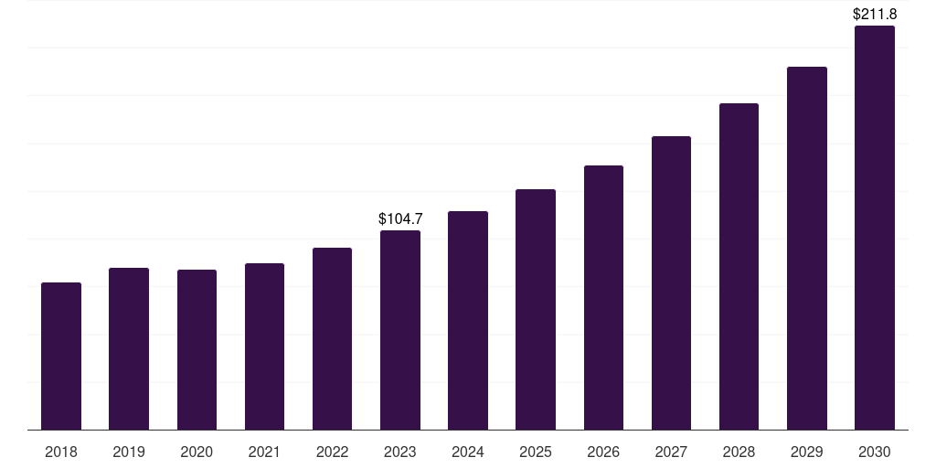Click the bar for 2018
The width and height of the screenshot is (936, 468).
(61, 356)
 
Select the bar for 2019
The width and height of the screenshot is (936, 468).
(129, 349)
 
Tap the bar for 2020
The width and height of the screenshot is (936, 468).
(197, 350)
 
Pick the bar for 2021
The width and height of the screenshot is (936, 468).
(264, 346)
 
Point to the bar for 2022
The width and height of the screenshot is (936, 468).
(332, 339)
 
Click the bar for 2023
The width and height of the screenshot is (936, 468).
(400, 330)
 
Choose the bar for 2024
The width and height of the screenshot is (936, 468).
(468, 321)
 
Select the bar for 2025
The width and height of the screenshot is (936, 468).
(536, 310)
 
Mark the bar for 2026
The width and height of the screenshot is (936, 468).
(603, 298)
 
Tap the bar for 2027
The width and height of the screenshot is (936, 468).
(671, 283)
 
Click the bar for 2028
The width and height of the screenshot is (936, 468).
(739, 267)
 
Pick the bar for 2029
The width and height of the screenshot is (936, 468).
(807, 249)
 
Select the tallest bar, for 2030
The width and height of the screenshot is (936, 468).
(875, 228)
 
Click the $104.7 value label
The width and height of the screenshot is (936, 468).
(400, 219)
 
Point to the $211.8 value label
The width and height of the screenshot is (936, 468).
(875, 15)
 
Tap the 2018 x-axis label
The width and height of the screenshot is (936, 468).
(61, 452)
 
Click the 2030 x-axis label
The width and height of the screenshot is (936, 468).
(875, 452)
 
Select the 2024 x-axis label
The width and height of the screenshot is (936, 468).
(468, 452)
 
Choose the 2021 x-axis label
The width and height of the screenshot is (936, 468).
(264, 452)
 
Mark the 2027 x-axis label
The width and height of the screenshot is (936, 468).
(671, 452)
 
